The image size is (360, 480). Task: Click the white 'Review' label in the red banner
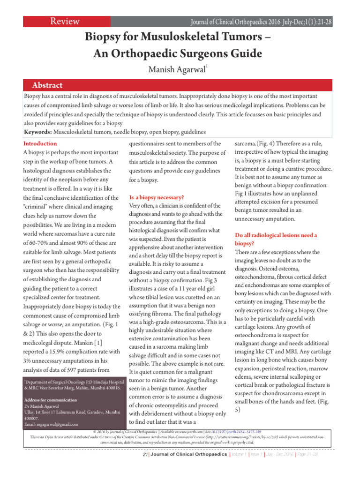coord(65,22)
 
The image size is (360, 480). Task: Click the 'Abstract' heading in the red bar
coord(47,85)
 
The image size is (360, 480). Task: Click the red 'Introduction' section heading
coord(40,143)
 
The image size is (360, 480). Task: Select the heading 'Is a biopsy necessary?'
coord(156,197)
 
